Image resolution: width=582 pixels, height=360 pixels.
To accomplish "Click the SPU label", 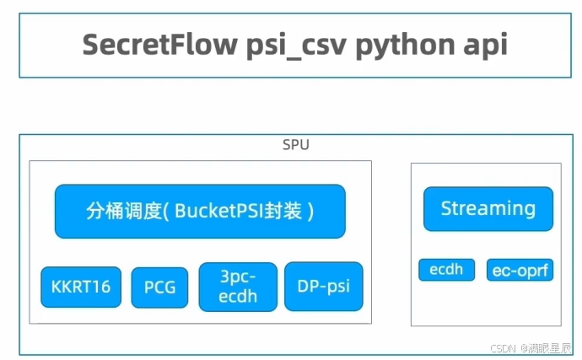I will pos(295,145).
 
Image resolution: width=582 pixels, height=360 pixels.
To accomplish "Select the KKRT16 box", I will pos(81,287).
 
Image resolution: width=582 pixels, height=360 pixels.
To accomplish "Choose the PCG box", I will pos(160,287).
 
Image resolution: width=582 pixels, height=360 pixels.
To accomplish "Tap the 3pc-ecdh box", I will pos(237,287).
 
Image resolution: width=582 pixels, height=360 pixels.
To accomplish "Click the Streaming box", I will pos(488,208).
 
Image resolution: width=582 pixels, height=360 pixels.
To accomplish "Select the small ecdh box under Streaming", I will pos(446,271).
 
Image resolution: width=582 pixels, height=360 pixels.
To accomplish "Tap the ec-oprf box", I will pos(520,271).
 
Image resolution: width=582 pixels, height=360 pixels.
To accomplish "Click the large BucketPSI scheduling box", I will pos(200,211).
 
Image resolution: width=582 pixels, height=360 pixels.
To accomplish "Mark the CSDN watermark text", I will pos(504,347).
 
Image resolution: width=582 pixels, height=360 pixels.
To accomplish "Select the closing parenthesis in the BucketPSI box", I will pos(310,211).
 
